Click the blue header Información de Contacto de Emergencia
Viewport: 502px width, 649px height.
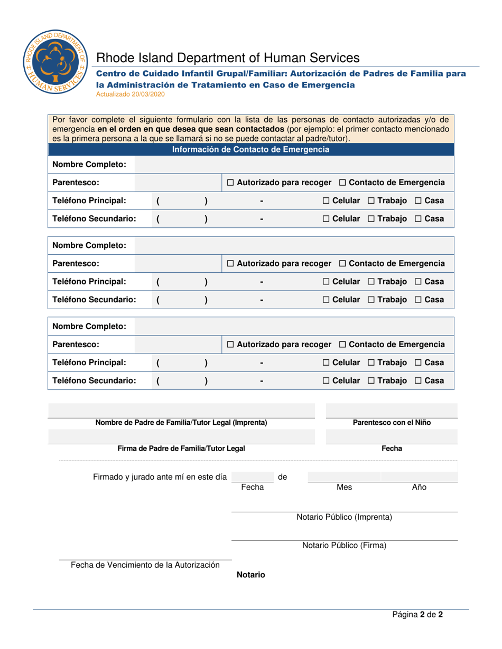pyautogui.click(x=251, y=149)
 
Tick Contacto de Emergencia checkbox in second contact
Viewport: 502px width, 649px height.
pyautogui.click(x=342, y=263)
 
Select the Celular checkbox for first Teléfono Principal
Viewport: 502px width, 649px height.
pyautogui.click(x=326, y=201)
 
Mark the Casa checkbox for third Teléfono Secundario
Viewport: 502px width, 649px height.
pyautogui.click(x=417, y=380)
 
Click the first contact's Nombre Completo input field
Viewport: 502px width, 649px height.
pyautogui.click(x=294, y=165)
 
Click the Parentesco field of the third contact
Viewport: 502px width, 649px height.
pyautogui.click(x=177, y=345)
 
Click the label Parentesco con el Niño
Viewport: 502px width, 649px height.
pyautogui.click(x=391, y=422)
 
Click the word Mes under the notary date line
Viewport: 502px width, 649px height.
pyautogui.click(x=344, y=487)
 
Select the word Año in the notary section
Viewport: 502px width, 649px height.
pyautogui.click(x=419, y=487)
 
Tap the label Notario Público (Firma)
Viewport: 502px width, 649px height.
pyautogui.click(x=344, y=545)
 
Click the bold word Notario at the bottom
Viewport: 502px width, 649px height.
pyautogui.click(x=250, y=575)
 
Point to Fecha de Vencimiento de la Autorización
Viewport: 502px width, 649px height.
pyautogui.click(x=145, y=565)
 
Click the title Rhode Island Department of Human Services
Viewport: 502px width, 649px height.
pyautogui.click(x=228, y=58)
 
